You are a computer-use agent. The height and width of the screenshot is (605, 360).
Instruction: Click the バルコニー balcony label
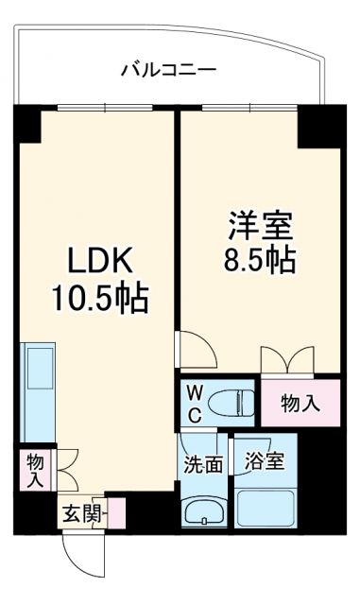click(x=169, y=71)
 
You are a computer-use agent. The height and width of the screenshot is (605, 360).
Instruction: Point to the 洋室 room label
click(x=258, y=226)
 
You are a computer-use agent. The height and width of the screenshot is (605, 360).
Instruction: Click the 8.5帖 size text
click(x=258, y=259)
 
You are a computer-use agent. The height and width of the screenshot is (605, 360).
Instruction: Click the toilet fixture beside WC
click(x=231, y=403)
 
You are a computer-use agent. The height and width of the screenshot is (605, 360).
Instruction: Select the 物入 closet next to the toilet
click(x=299, y=404)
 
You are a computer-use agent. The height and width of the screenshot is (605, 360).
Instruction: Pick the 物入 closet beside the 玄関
click(x=34, y=469)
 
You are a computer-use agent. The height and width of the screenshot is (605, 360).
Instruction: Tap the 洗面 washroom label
click(x=203, y=464)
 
